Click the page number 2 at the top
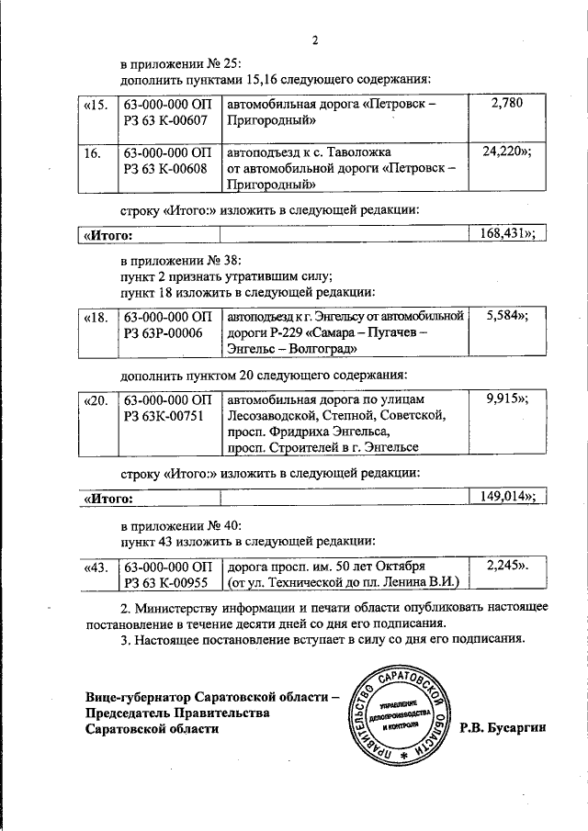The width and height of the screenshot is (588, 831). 314,40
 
